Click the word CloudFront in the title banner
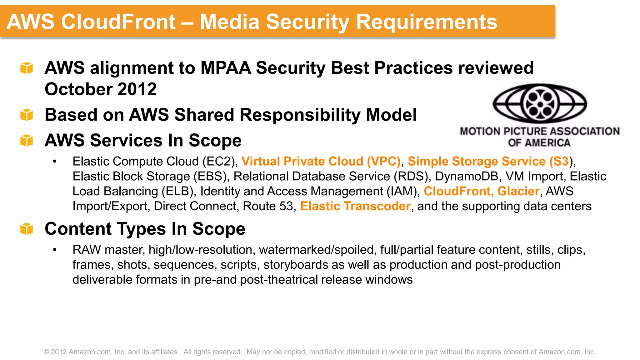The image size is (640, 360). (118, 22)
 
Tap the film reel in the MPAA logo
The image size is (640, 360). (540, 103)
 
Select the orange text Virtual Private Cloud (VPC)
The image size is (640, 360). (321, 161)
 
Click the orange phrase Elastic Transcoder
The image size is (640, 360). (355, 206)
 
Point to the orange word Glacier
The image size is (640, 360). (518, 191)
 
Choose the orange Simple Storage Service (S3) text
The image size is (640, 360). (488, 161)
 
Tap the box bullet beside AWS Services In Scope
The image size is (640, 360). (27, 140)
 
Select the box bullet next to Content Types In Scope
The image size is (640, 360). (27, 229)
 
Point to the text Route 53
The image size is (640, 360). (268, 206)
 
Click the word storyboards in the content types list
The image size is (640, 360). (296, 265)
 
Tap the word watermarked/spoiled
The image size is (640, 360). (316, 250)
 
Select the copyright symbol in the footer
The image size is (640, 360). (46, 352)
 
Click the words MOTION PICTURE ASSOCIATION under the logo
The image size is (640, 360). (539, 131)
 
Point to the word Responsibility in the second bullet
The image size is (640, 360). (300, 115)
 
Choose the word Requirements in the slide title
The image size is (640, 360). (426, 22)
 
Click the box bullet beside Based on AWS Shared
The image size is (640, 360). (27, 115)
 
